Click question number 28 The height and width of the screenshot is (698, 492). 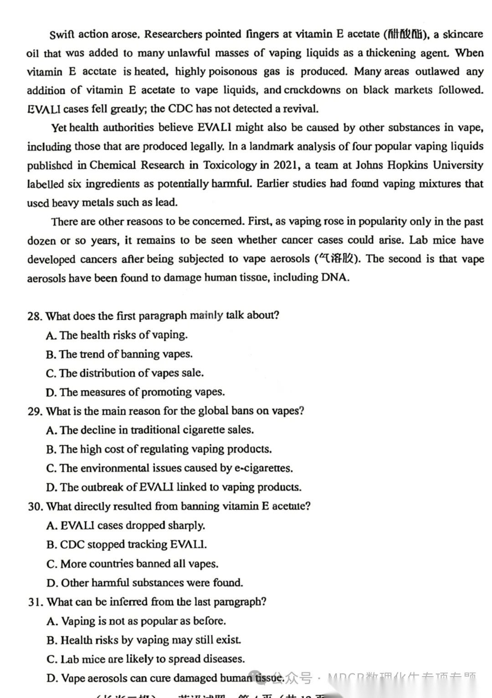coord(34,316)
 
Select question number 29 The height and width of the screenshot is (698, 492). coord(35,411)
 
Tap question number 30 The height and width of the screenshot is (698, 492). coord(35,506)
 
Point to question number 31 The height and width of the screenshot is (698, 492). coord(35,602)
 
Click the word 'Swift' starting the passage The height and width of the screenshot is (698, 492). coord(62,35)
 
